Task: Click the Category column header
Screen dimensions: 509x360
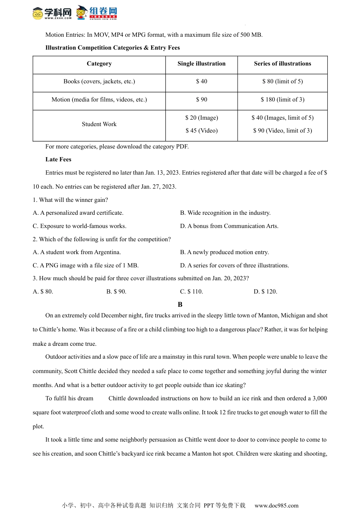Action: [x=99, y=64]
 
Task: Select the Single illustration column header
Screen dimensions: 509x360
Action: [x=201, y=64]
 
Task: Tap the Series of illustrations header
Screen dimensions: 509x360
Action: [x=282, y=64]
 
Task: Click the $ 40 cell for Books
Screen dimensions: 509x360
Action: [x=202, y=81]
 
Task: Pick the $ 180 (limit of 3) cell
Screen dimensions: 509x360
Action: [x=282, y=100]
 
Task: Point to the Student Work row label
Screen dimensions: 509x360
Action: [x=99, y=124]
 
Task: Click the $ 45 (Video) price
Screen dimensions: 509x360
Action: [x=202, y=131]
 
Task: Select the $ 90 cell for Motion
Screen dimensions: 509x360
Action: [x=202, y=100]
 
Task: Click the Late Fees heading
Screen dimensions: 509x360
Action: [x=58, y=159]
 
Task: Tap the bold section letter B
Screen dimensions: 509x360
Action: [x=180, y=304]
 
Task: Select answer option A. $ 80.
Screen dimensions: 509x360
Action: [x=43, y=292]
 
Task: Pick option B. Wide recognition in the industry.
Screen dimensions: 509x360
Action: [x=225, y=213]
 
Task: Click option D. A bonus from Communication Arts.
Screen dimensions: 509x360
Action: [x=229, y=226]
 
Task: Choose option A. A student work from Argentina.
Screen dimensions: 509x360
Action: [x=77, y=252]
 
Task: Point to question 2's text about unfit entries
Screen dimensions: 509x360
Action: [x=102, y=239]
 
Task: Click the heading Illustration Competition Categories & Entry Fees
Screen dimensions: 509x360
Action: [x=113, y=48]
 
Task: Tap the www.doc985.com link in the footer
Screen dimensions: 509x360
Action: [x=276, y=505]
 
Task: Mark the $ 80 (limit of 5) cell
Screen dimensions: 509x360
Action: [x=282, y=81]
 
